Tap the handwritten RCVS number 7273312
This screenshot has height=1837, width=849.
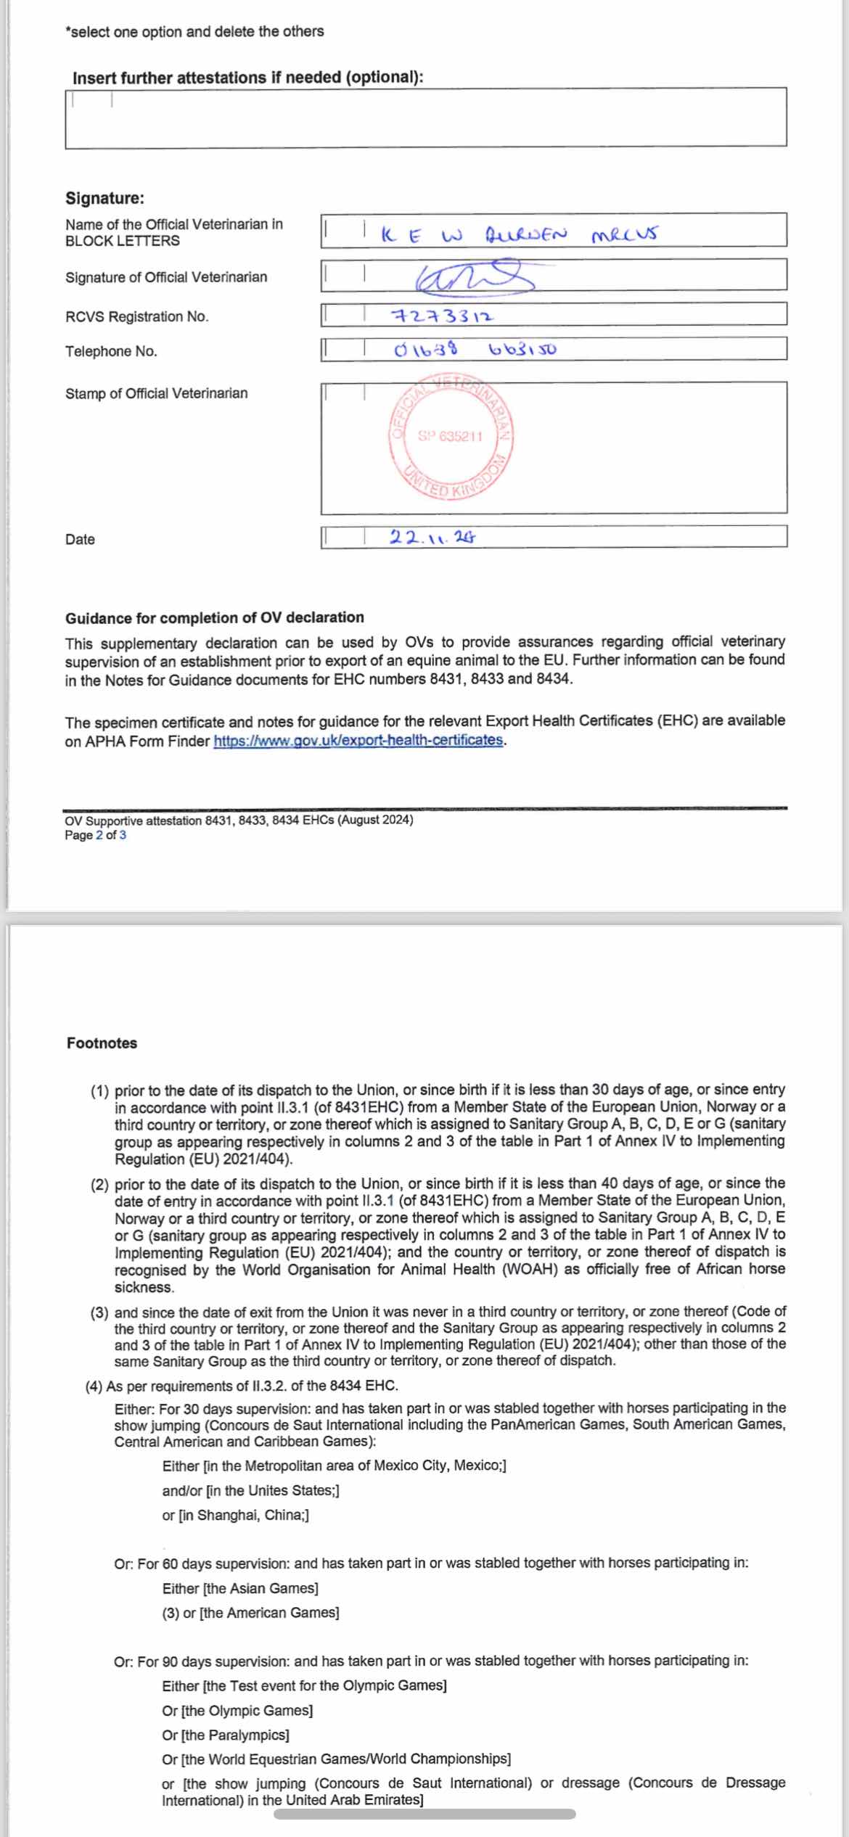click(443, 316)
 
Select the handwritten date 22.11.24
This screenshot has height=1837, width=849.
click(432, 538)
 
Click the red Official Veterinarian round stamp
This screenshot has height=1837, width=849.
click(451, 437)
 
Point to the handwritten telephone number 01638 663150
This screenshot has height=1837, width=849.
click(475, 350)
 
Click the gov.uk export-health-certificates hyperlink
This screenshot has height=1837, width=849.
click(358, 741)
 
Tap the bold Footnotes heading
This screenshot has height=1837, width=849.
click(102, 1043)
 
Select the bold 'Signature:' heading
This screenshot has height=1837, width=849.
click(104, 198)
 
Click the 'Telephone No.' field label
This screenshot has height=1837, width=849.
click(111, 351)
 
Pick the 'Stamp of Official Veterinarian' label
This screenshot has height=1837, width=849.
click(156, 393)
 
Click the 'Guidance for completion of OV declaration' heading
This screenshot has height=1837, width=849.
click(215, 617)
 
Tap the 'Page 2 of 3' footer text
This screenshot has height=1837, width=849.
click(95, 835)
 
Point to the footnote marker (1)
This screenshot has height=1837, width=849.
click(99, 1090)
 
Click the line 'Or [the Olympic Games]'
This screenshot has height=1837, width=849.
click(237, 1711)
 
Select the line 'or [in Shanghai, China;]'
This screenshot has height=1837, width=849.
click(235, 1515)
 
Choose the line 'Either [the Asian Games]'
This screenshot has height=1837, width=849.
click(240, 1588)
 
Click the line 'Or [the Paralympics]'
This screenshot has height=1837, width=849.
click(226, 1735)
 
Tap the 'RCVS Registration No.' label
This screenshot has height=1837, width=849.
click(136, 316)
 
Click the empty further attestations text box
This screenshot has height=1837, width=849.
click(426, 118)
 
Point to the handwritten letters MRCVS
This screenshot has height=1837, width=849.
click(624, 235)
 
